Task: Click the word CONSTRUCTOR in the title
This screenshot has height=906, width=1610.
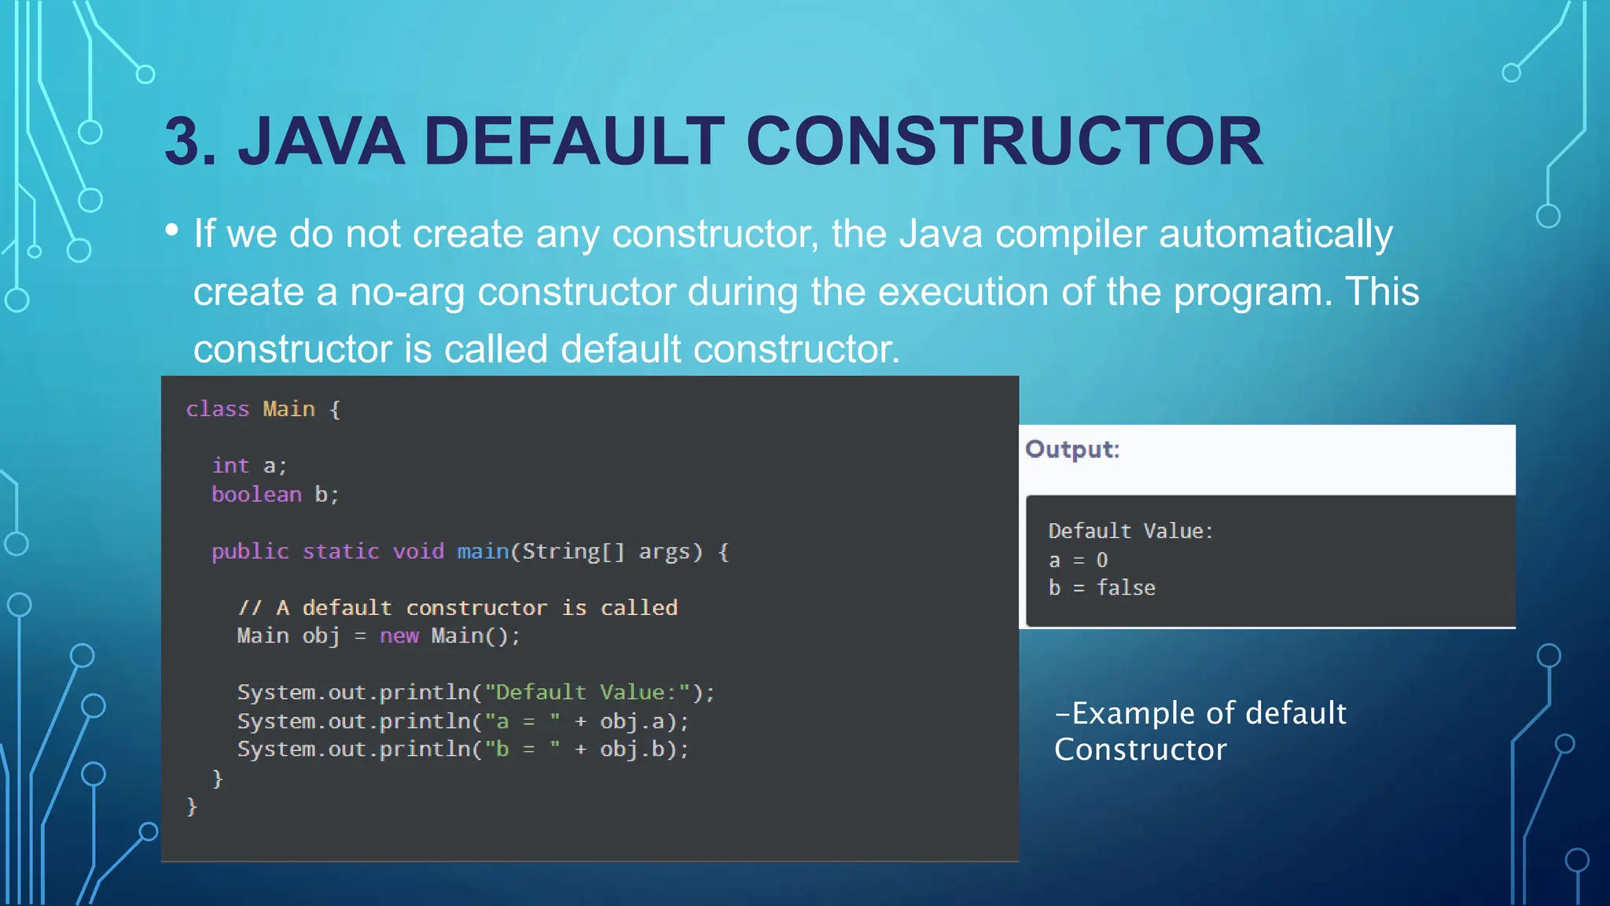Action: (1004, 142)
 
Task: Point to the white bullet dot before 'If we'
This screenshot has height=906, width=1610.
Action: (172, 230)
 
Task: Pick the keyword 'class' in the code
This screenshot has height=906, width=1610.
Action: (218, 409)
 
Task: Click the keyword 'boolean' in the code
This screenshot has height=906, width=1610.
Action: (256, 495)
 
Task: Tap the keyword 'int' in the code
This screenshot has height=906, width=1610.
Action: (230, 466)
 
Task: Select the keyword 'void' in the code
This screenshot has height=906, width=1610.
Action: (418, 551)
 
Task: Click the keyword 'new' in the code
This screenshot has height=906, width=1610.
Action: (399, 635)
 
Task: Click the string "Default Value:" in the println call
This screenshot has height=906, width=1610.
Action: (586, 692)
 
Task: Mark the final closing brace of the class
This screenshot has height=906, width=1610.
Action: (192, 806)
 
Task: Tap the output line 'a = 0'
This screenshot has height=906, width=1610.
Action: (1078, 560)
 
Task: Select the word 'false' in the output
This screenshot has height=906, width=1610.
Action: (1126, 588)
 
